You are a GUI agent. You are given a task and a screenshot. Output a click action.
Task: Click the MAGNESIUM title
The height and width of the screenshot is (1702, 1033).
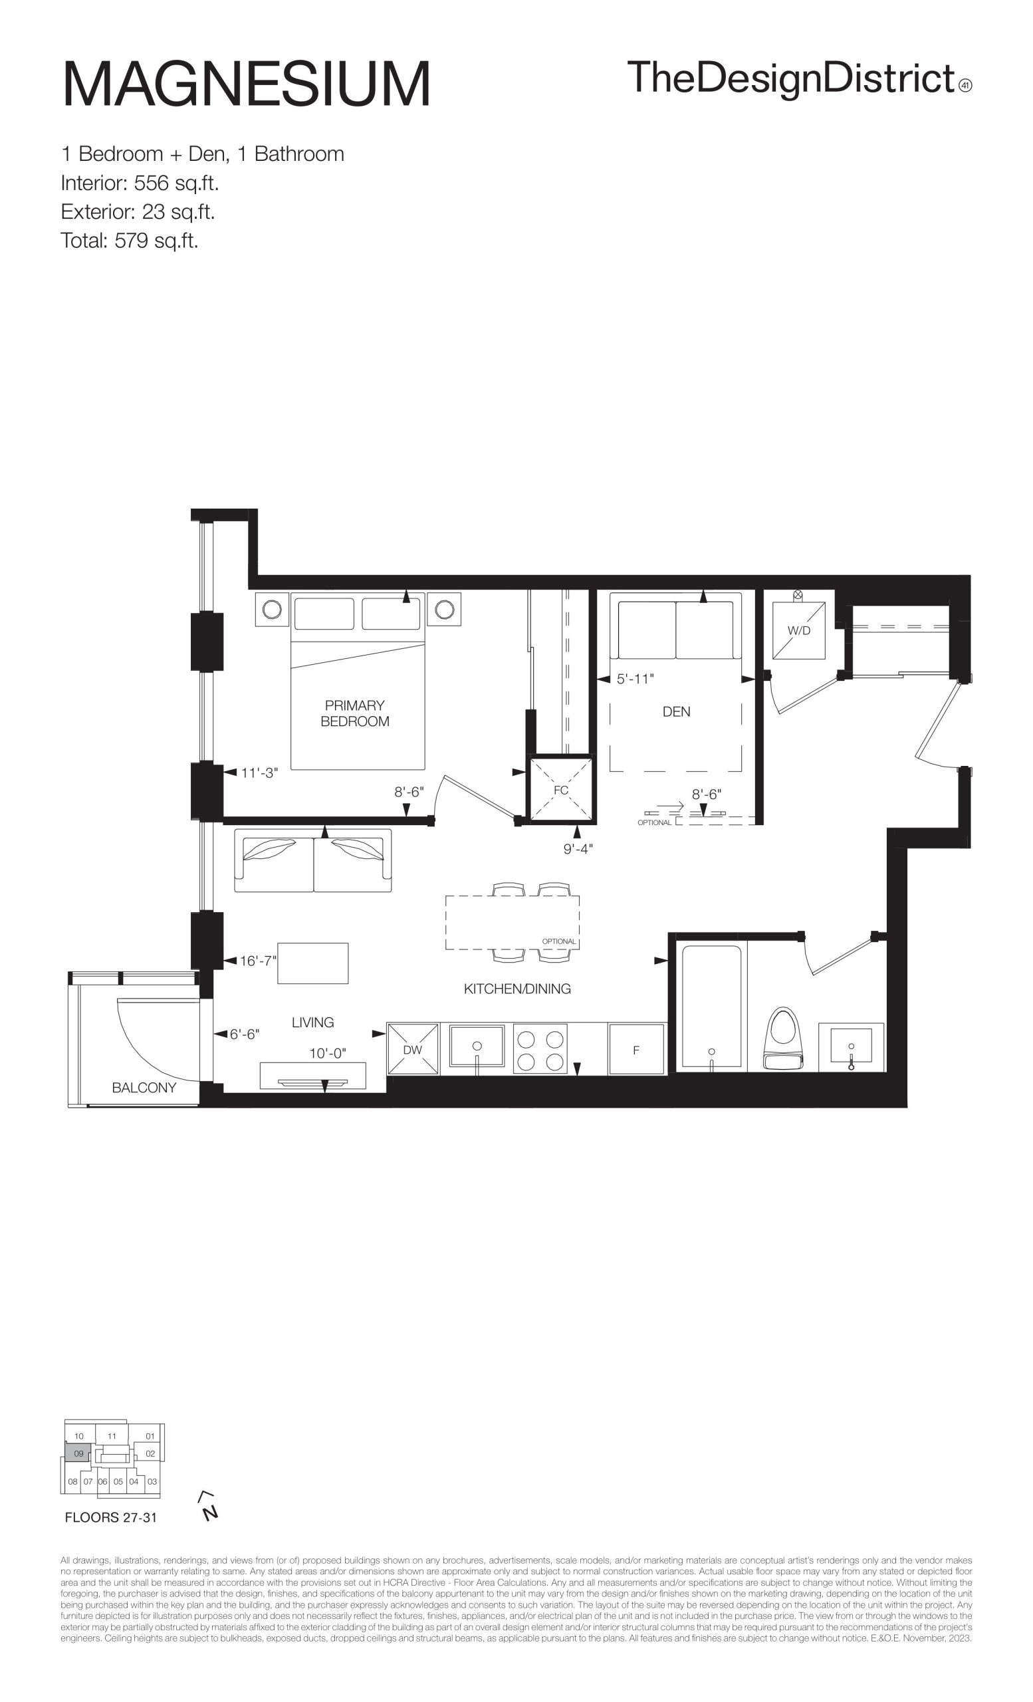(x=247, y=84)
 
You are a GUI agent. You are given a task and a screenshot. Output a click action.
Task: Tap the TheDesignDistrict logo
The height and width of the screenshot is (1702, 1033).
(x=799, y=78)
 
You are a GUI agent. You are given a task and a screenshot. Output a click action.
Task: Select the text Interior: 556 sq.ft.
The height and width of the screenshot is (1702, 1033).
(x=140, y=183)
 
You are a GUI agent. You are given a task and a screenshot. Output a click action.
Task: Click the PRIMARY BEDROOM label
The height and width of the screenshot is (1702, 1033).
(x=355, y=713)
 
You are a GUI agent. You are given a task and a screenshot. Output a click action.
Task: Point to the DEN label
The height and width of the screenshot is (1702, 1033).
(x=676, y=711)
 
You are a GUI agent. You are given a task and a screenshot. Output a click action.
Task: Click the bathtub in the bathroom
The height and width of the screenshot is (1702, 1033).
(x=711, y=1007)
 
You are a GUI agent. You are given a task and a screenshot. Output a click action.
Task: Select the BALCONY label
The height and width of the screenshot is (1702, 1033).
(x=144, y=1087)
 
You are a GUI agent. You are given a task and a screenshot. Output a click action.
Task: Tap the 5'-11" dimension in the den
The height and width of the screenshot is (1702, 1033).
(x=635, y=679)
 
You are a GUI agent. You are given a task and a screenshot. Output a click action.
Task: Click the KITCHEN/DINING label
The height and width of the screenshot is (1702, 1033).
(x=517, y=989)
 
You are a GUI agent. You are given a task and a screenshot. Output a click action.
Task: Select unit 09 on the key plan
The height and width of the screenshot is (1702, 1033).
(x=78, y=1453)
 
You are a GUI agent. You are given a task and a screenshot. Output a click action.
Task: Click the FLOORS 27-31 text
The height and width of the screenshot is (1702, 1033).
(x=110, y=1518)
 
